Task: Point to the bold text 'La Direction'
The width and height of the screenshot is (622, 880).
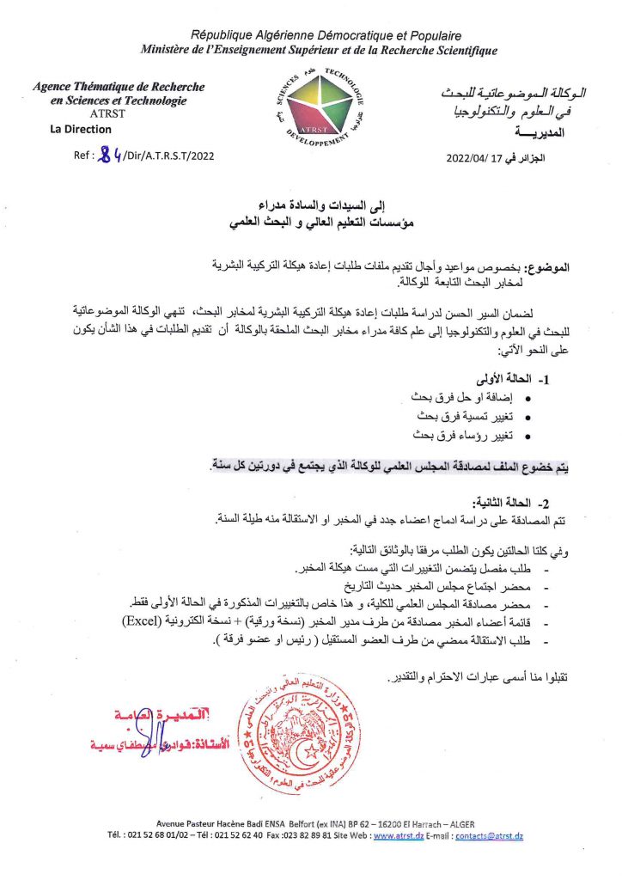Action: pyautogui.click(x=81, y=130)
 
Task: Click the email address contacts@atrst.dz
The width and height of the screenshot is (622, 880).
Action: pyautogui.click(x=490, y=836)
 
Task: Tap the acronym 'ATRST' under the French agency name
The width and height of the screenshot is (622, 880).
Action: pyautogui.click(x=106, y=113)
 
